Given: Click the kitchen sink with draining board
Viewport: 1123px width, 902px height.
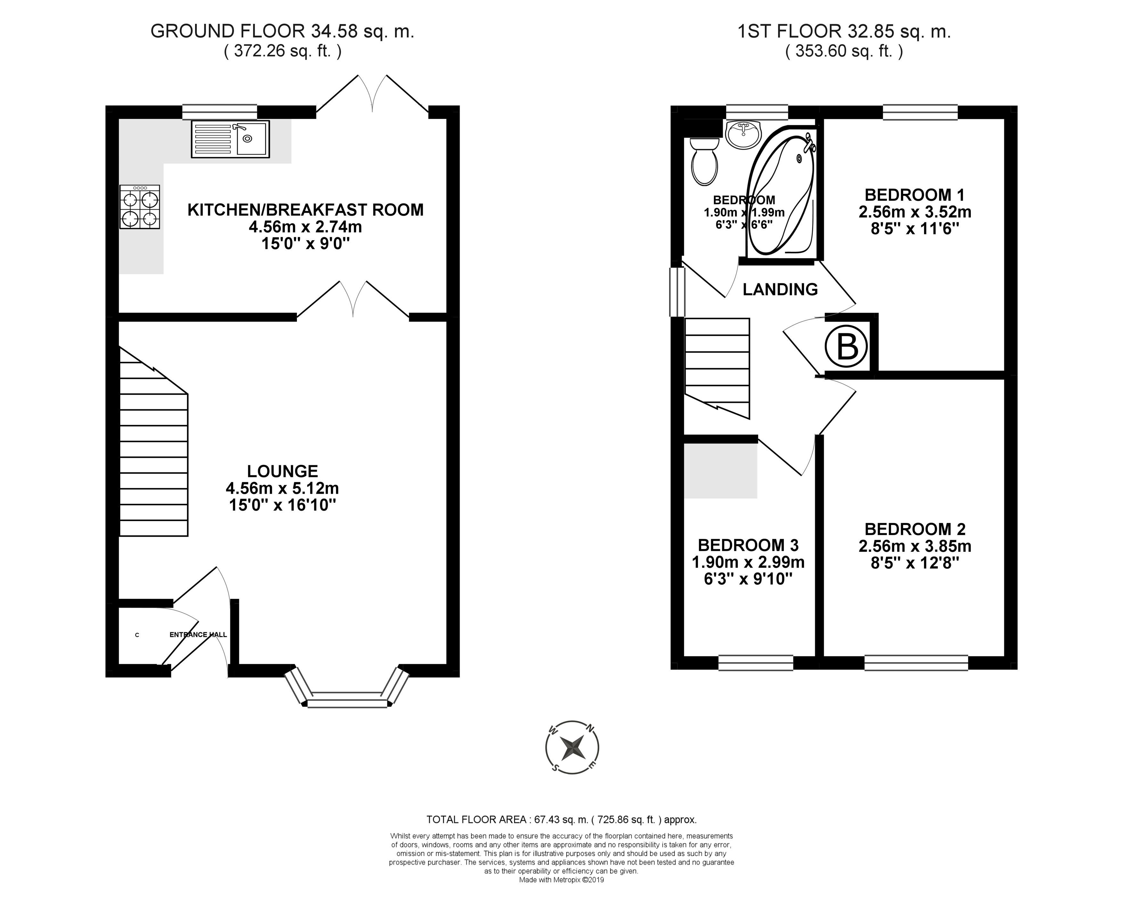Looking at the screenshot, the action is (230, 139).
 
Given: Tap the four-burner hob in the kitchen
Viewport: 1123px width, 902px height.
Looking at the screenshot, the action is (140, 207).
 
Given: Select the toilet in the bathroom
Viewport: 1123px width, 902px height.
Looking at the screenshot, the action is (704, 161).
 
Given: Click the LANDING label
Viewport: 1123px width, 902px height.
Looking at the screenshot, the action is (780, 289).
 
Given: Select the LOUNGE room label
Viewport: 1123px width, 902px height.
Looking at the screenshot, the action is (282, 471).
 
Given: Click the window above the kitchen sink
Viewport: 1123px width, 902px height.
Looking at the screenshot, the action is (220, 112).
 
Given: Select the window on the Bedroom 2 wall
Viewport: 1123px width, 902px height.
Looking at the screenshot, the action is (916, 663).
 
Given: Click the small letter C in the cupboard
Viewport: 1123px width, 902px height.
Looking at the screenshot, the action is (137, 635).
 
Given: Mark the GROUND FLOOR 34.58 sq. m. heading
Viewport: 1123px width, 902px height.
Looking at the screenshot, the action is (282, 31).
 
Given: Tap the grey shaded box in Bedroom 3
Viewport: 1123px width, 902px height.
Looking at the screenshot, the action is (720, 470).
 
